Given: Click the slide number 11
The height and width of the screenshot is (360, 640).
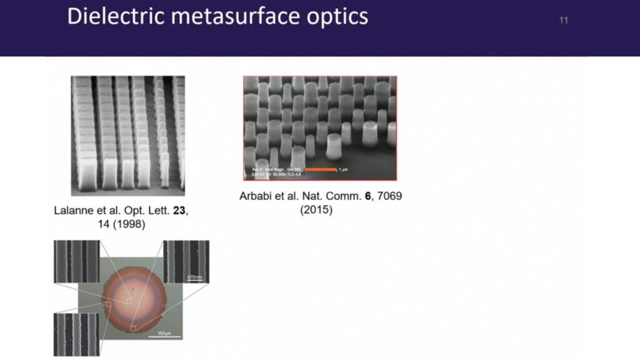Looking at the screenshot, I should point(563,21).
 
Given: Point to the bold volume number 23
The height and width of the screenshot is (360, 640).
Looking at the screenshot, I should point(179,211).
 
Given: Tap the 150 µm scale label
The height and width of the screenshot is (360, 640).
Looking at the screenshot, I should point(164,332).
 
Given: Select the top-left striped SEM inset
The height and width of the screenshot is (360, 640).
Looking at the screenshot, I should point(76,261).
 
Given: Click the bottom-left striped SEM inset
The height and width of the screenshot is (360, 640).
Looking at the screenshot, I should point(76,334).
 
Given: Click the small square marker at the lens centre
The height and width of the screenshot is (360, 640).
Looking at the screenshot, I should point(129,301).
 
